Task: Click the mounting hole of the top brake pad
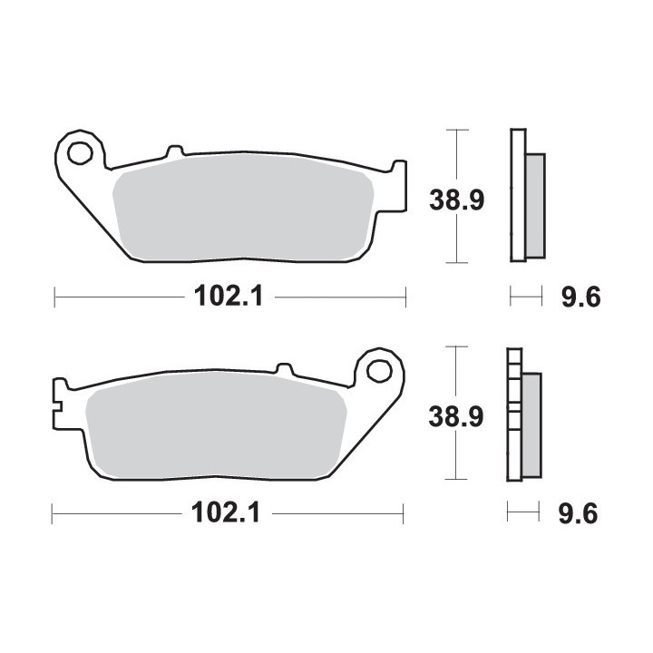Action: click(80, 153)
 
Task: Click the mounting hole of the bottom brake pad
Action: click(380, 370)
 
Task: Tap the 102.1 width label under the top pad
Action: click(229, 297)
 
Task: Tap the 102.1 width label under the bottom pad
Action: click(226, 512)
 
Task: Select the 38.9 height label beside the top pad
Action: click(457, 200)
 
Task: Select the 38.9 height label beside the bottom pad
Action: click(456, 416)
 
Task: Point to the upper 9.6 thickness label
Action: click(581, 297)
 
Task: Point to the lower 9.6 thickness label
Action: click(578, 513)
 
